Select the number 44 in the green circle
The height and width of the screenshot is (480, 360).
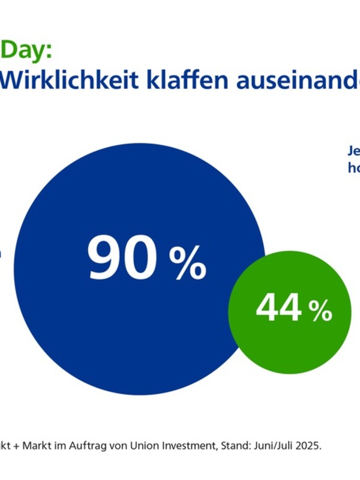click(278, 309)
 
